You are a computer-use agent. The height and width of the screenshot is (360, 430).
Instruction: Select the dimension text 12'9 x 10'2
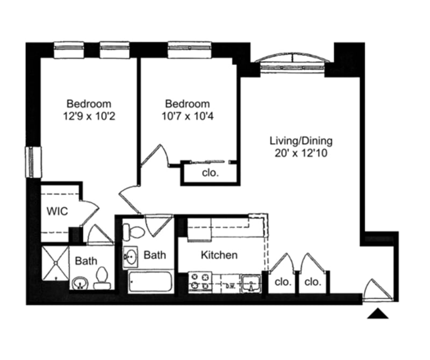coord(89,116)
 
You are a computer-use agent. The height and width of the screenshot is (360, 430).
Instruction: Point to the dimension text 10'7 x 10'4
coord(187,116)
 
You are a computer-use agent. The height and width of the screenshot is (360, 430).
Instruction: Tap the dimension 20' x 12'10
coord(301,153)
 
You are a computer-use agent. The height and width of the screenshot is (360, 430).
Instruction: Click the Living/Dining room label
coord(301,141)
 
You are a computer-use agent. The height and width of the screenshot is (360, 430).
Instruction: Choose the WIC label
coord(56,211)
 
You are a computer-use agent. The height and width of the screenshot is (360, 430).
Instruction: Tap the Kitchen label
coord(219,255)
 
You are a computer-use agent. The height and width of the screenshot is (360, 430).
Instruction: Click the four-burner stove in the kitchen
coord(200,282)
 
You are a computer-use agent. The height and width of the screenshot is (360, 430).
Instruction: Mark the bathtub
coord(150,282)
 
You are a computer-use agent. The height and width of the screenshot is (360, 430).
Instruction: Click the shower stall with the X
coord(55,263)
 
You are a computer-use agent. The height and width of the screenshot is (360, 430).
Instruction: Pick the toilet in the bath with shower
coord(101,279)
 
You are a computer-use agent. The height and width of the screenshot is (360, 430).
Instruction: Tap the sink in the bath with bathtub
coord(131,258)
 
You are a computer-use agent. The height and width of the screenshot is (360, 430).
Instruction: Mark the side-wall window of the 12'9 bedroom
coord(33,162)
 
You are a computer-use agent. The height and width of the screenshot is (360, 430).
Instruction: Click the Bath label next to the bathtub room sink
coord(155,255)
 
